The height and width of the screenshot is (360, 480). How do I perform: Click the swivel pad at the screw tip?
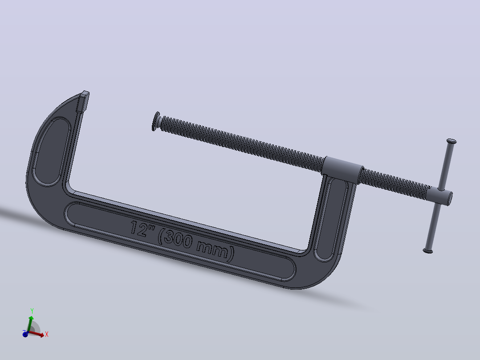pyautogui.click(x=156, y=121)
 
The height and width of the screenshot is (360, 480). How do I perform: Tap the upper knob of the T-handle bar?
pyautogui.click(x=452, y=141)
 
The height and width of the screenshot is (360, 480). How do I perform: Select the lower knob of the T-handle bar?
pyautogui.click(x=428, y=251)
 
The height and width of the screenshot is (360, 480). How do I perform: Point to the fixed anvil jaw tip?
pyautogui.click(x=83, y=102)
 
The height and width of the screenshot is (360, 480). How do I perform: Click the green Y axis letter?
pyautogui.click(x=32, y=311)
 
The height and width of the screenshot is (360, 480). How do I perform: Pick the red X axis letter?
pyautogui.click(x=46, y=334)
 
